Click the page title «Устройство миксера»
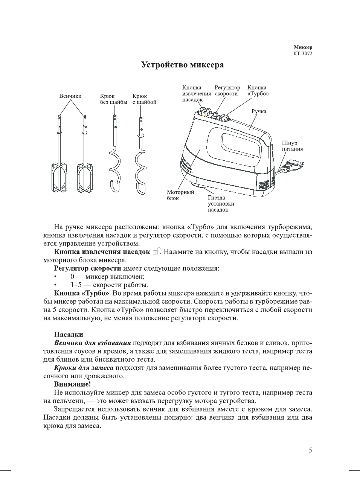pos(182,65)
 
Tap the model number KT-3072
pos(303,53)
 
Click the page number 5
pos(310,450)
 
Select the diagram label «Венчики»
pos(70,96)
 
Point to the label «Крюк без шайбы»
pos(113,99)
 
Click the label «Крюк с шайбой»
pos(144,99)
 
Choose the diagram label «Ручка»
pos(259,111)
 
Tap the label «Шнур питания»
pos(292,146)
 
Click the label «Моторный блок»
pos(180,195)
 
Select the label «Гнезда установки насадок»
pos(221,204)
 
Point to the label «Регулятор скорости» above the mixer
pos(227,90)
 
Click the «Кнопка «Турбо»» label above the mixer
pos(258,90)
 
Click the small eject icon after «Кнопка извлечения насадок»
pos(157,251)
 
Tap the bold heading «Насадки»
pos(69,334)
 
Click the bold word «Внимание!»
pos(72,384)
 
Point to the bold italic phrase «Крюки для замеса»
pos(84,367)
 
